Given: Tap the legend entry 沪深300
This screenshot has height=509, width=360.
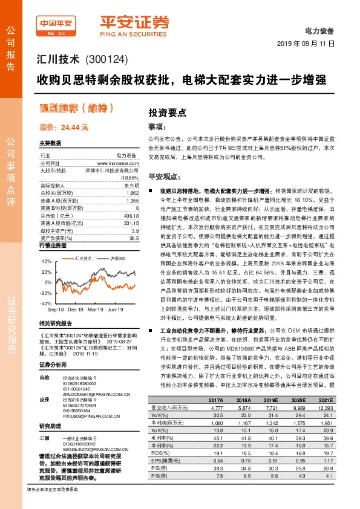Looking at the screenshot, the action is [x=118, y=258].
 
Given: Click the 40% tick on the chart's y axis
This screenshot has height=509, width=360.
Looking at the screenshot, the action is [x=47, y=262].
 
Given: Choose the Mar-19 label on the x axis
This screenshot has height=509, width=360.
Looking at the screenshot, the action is [x=101, y=309].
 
